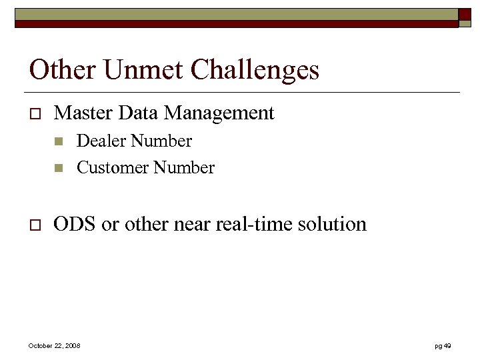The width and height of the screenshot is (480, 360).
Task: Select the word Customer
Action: [x=113, y=168]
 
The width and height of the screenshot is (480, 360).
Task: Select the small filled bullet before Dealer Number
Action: [x=59, y=141]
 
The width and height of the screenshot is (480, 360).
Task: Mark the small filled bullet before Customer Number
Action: [x=59, y=168]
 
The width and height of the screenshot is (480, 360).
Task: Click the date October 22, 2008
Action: [x=54, y=346]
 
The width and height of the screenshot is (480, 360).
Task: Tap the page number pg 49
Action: [x=443, y=346]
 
